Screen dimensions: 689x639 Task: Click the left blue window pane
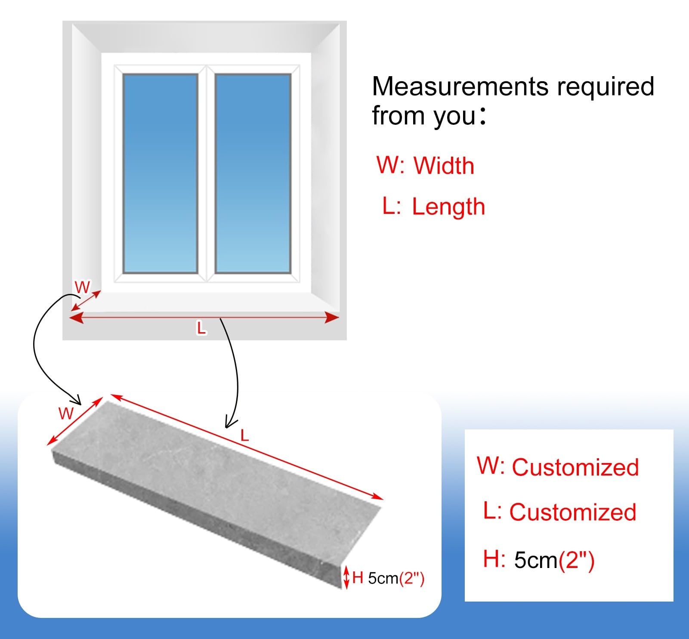point(160,173)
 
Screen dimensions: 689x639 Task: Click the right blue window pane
point(253,173)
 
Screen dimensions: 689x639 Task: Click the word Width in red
point(444,166)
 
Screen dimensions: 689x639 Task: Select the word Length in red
point(448,207)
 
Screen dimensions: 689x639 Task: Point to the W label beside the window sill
point(82,287)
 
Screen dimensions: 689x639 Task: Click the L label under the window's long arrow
point(201,329)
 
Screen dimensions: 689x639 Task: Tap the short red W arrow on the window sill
point(86,300)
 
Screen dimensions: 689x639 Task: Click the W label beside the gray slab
point(66,414)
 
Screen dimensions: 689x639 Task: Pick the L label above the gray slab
point(245,436)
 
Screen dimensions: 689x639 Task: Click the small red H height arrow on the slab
point(346,578)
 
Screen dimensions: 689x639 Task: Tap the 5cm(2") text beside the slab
point(396,578)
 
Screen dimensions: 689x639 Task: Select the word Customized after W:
point(575,467)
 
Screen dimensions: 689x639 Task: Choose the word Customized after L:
point(573,512)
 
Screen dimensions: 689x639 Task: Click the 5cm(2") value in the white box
point(554,560)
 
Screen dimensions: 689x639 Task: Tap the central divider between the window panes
point(207,173)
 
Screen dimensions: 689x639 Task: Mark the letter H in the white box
point(491,559)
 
